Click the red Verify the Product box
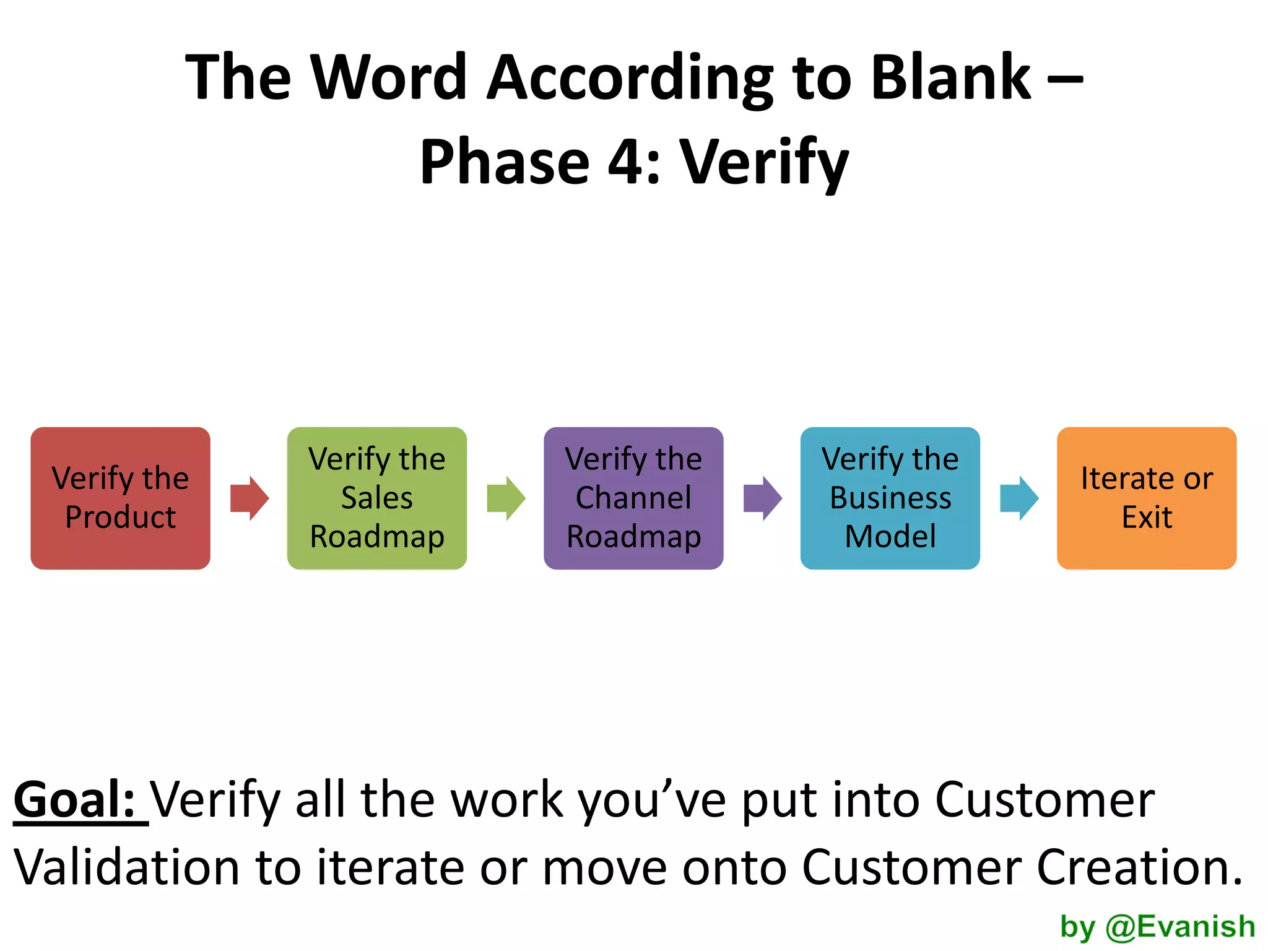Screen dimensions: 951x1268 120,498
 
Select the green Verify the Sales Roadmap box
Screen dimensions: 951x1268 376,498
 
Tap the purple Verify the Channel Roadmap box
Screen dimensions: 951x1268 633,498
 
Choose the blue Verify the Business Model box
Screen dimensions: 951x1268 890,498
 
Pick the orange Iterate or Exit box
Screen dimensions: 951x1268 1146,498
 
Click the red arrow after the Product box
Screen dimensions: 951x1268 249,498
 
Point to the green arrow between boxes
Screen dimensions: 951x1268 506,498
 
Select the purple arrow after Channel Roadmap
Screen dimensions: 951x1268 762,498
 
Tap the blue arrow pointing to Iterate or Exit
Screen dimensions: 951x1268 1019,498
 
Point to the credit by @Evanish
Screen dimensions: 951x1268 1157,927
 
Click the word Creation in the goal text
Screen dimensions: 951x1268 1139,867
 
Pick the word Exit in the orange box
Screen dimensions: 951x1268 1147,517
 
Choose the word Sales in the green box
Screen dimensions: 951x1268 376,498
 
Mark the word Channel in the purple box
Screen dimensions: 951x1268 633,498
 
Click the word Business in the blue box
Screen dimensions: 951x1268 890,498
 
